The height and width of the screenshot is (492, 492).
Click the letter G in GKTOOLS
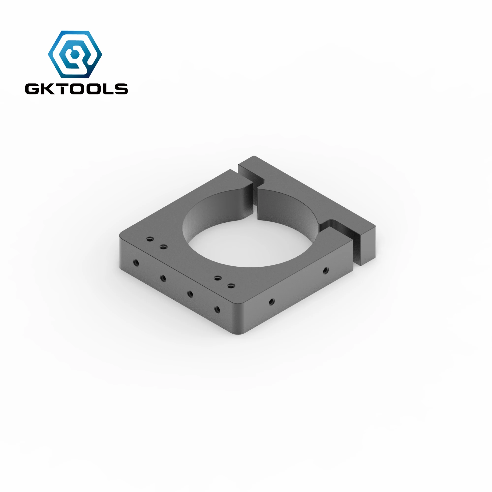pyautogui.click(x=32, y=89)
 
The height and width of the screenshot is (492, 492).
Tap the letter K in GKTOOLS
pyautogui.click(x=46, y=89)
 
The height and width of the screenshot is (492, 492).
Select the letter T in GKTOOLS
pyautogui.click(x=60, y=89)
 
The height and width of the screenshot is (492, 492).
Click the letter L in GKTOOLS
pyautogui.click(x=107, y=89)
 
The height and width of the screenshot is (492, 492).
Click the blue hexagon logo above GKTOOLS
pyautogui.click(x=75, y=54)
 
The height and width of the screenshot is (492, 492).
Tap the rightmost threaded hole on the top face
pyautogui.click(x=231, y=286)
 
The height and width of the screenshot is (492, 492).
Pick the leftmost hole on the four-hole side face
pyautogui.click(x=136, y=262)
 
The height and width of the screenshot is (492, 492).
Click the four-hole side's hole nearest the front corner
pyautogui.click(x=217, y=310)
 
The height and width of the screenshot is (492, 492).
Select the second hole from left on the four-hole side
pyautogui.click(x=163, y=278)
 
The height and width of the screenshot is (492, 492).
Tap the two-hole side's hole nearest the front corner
pyautogui.click(x=272, y=302)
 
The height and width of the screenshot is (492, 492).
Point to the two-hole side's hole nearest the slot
pyautogui.click(x=325, y=270)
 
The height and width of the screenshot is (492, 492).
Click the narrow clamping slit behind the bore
pyautogui.click(x=255, y=201)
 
